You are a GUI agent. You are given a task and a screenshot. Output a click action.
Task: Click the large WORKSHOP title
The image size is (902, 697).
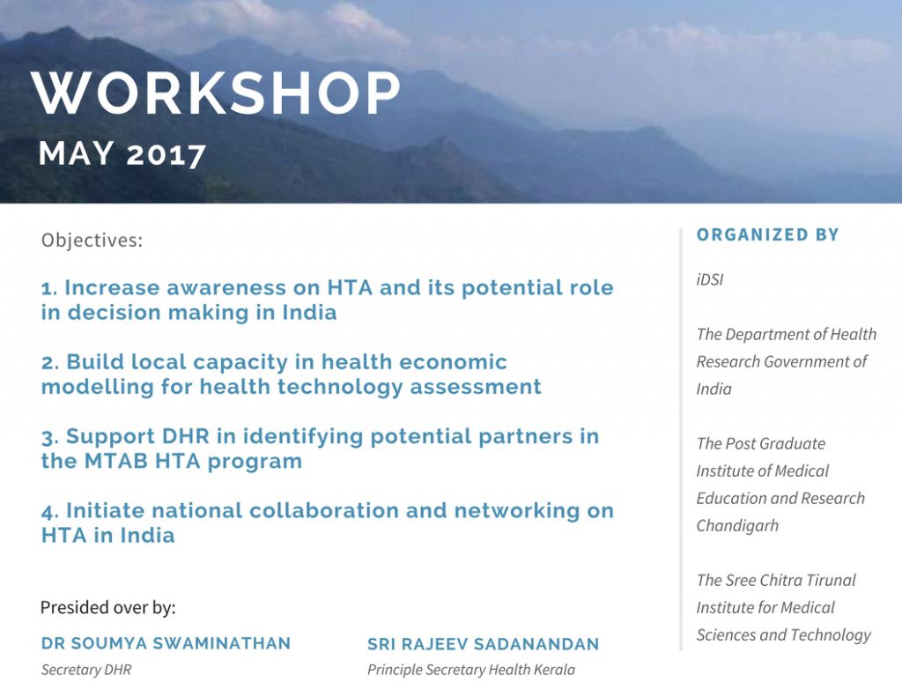[215, 93]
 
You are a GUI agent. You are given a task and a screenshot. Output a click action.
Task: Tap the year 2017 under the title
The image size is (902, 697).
[166, 154]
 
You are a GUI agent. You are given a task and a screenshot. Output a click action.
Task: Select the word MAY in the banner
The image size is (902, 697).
[76, 153]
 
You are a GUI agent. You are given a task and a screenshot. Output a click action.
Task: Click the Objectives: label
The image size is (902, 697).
[92, 240]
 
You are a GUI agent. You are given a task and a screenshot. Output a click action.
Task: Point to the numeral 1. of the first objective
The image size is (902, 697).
[49, 288]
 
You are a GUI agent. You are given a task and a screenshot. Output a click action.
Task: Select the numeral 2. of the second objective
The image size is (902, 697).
[50, 363]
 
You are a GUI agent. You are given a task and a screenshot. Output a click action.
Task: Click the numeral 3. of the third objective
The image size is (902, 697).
[50, 437]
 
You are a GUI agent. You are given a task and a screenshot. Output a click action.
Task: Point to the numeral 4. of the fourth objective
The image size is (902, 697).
[50, 511]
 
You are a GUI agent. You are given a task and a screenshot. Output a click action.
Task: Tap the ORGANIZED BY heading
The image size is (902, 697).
[767, 234]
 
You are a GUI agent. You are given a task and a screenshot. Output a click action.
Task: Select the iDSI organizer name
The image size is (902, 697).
[710, 279]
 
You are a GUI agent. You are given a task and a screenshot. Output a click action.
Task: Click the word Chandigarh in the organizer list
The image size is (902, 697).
[737, 526]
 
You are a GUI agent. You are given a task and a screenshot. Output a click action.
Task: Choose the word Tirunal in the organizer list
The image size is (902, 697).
[831, 580]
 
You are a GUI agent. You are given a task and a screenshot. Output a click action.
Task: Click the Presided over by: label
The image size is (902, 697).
[108, 608]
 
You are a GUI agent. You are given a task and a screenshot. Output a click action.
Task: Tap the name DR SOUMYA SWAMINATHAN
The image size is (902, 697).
[166, 643]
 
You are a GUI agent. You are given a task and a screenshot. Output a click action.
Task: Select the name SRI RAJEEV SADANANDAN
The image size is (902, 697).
[484, 644]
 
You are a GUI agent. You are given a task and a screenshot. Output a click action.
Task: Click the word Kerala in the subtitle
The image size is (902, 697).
[557, 670]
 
